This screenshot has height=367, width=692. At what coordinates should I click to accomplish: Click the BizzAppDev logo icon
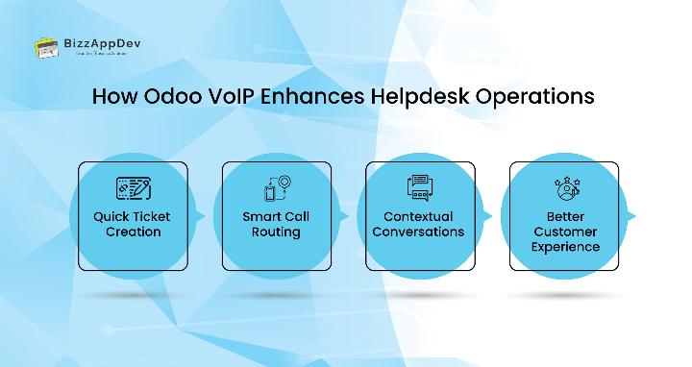coord(44,46)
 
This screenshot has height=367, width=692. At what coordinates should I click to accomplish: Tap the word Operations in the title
coord(545,98)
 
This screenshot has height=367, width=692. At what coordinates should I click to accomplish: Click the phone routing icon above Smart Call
coord(276,188)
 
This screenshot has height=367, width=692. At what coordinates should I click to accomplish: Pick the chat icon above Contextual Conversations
coord(417,188)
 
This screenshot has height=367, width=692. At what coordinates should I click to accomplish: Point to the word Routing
coord(276,232)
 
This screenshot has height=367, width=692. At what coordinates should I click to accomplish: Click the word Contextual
coord(417,216)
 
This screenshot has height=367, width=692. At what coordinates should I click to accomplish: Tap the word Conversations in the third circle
coord(417,232)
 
